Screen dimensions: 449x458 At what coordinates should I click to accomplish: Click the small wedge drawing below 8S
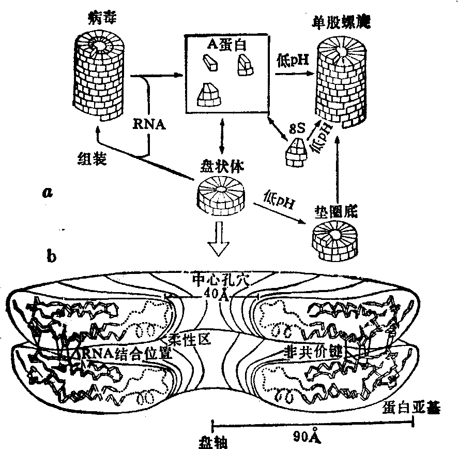[x=297, y=152]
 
